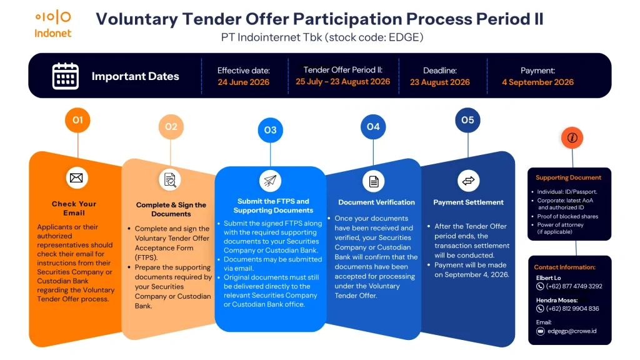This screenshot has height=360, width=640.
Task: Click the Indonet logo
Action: (x=53, y=24)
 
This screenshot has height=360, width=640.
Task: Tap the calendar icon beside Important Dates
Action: (x=65, y=76)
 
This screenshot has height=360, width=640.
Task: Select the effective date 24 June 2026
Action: (x=243, y=82)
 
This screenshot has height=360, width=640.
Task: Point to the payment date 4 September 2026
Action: (x=537, y=82)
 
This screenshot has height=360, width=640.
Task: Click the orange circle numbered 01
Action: (x=77, y=120)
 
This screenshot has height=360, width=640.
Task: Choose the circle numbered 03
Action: (x=270, y=130)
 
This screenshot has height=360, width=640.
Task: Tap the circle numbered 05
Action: (x=467, y=120)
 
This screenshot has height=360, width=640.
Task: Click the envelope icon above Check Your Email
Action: (x=77, y=178)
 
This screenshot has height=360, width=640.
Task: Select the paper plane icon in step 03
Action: (x=270, y=181)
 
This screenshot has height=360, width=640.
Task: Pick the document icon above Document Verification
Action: (x=374, y=181)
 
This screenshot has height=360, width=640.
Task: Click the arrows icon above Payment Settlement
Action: (x=468, y=181)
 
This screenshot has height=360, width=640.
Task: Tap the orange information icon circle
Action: (x=572, y=138)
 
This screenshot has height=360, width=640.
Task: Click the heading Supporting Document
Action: (x=568, y=177)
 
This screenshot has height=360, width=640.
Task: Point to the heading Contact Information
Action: (x=564, y=267)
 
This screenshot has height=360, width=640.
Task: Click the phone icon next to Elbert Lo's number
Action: (x=540, y=286)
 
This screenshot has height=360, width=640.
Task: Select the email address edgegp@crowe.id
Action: (x=572, y=331)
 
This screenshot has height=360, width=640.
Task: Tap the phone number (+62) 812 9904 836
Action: (x=572, y=309)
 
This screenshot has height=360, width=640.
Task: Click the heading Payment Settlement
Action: (x=468, y=202)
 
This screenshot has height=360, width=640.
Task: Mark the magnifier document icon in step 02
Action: (x=170, y=180)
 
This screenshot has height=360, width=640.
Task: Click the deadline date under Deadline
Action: (x=439, y=82)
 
